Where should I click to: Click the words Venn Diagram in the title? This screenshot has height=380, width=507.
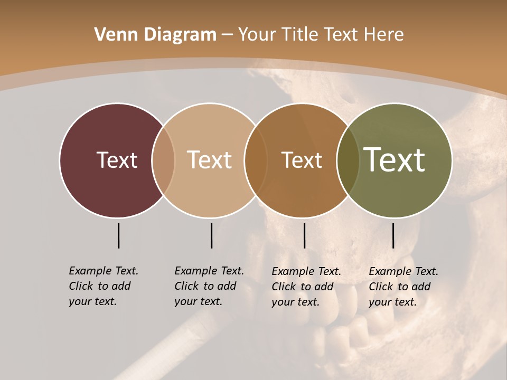(155, 35)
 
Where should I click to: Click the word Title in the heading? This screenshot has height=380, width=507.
(299, 35)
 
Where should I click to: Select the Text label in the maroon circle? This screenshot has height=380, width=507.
(117, 160)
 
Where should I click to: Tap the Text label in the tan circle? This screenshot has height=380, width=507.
(209, 160)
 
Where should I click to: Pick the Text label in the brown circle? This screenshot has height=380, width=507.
(302, 160)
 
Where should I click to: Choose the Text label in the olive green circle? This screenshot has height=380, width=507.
(394, 160)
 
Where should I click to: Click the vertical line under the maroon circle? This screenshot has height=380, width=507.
(118, 235)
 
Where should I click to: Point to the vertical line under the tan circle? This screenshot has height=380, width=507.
(211, 235)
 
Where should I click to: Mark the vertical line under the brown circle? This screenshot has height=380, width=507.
(304, 235)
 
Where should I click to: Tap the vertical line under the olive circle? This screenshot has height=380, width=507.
(393, 235)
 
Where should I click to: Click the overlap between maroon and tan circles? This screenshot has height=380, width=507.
(163, 160)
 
